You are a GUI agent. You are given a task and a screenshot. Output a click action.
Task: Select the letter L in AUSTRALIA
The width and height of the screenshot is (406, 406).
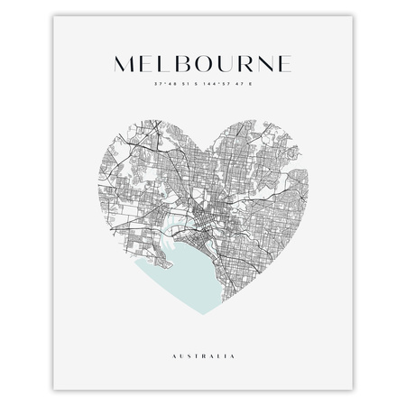[223, 357]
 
